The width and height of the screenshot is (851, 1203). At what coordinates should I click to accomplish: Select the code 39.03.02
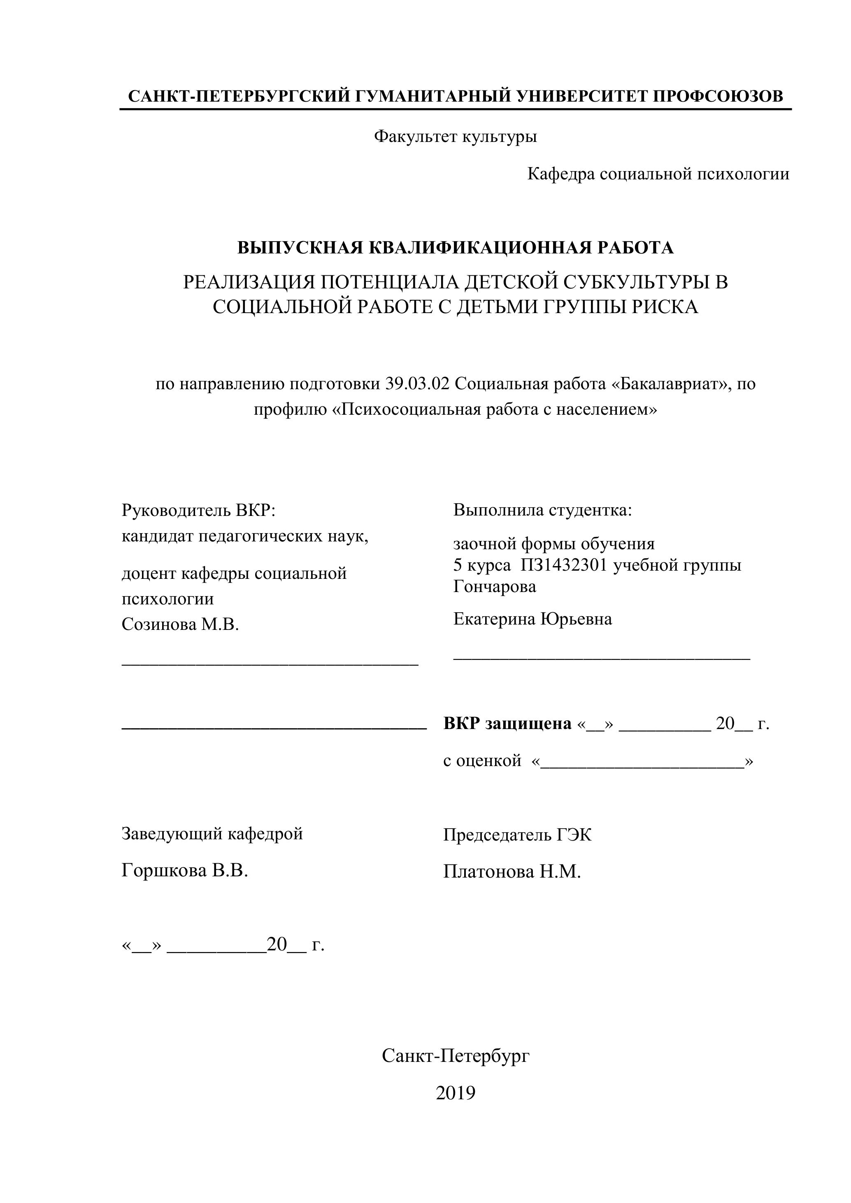click(x=417, y=384)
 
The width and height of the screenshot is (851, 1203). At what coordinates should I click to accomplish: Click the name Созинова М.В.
click(x=180, y=624)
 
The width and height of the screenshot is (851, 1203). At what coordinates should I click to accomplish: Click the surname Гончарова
click(x=495, y=586)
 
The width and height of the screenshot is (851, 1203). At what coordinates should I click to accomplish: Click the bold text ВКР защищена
click(x=507, y=724)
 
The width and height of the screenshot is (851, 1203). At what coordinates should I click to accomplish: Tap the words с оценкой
click(x=482, y=760)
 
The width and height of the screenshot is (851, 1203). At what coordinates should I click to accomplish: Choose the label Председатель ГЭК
click(x=517, y=834)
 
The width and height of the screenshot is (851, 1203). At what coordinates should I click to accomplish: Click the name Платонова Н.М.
click(x=512, y=871)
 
